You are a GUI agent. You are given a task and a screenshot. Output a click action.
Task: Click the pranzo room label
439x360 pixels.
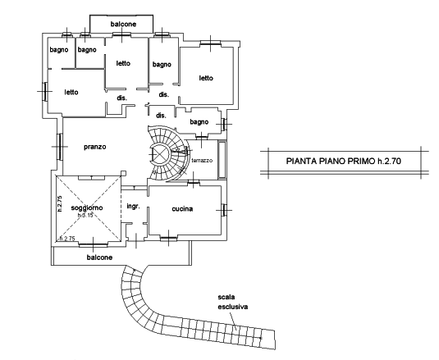[x=95, y=147]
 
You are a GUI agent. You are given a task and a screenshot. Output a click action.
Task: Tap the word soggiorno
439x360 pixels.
[x=87, y=207]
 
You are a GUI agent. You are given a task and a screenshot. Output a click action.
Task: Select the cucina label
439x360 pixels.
[x=182, y=209]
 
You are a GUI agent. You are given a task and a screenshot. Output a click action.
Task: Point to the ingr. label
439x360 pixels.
[x=133, y=207]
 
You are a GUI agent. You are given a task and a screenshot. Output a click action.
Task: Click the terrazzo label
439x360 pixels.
[x=202, y=161]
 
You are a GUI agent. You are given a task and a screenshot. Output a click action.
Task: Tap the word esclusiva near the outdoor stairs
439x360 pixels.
[x=233, y=307]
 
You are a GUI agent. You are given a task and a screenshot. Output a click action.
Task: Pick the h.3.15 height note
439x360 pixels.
[x=85, y=215]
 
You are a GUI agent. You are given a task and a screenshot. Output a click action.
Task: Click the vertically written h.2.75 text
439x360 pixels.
[x=60, y=203]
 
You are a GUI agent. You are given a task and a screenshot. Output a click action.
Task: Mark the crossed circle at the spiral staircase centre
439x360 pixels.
[x=159, y=154]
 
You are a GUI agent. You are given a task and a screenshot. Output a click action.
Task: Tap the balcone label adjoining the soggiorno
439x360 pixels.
[x=99, y=257]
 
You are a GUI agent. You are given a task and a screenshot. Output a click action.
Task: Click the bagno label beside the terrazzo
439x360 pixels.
[x=199, y=122]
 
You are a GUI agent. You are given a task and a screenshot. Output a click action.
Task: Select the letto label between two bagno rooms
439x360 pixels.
[x=123, y=63]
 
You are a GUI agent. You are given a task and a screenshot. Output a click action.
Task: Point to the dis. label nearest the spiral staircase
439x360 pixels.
[x=161, y=116]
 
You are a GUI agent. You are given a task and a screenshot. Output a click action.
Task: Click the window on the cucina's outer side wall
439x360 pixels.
[x=224, y=210]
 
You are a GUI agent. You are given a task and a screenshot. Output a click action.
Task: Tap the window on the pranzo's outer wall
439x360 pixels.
[x=59, y=147]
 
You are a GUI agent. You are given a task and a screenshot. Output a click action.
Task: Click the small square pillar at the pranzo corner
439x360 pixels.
[x=123, y=173]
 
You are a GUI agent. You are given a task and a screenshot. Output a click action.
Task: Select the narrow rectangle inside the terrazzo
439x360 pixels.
[x=222, y=160]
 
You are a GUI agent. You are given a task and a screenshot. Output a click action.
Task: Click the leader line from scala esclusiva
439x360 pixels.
[x=233, y=321]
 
